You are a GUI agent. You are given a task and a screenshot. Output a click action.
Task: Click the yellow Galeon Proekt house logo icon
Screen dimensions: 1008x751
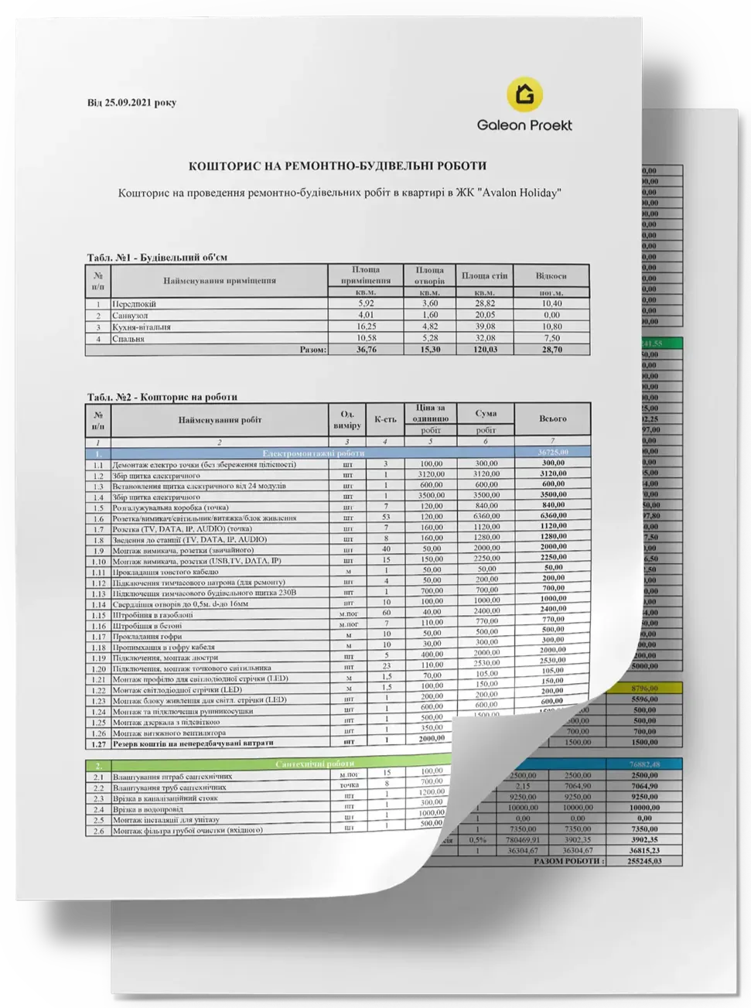[x=524, y=94]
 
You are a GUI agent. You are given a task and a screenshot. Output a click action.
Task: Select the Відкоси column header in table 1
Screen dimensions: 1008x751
[x=551, y=275]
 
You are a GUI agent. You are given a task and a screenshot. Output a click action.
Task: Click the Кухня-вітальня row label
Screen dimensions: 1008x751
[x=141, y=327]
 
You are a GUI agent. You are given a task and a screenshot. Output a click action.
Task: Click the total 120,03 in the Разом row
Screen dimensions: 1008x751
[x=484, y=350]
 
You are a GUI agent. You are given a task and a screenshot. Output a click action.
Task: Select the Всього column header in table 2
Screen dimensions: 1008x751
[x=552, y=419]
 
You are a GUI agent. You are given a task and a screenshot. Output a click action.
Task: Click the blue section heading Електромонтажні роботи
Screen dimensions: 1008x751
[x=313, y=453]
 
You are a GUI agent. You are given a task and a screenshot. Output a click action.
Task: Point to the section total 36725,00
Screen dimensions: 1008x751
[x=551, y=452]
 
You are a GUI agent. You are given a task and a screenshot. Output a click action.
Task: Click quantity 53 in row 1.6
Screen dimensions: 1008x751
[x=386, y=517]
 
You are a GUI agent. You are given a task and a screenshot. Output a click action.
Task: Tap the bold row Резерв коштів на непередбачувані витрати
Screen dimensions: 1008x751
[x=193, y=743]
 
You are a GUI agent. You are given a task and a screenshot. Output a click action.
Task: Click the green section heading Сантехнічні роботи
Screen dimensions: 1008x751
[x=312, y=764]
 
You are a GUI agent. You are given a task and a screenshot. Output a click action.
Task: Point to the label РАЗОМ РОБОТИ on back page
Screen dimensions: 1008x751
[x=570, y=860]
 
